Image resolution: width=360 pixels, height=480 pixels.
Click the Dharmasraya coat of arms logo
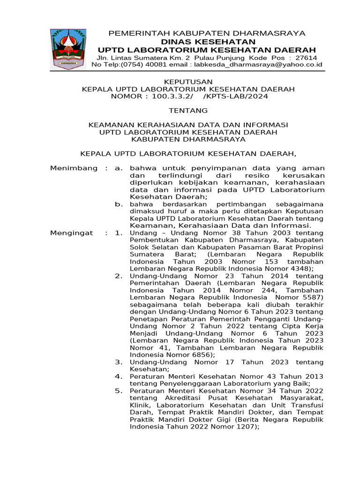(68, 49)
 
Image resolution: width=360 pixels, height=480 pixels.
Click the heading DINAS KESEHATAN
(206, 42)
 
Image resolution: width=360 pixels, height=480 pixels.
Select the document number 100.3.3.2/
(170, 96)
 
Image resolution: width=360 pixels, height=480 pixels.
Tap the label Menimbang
(74, 168)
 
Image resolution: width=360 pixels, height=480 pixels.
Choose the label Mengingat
(72, 233)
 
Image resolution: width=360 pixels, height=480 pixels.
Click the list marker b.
(119, 204)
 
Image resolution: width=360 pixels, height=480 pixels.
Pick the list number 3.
(119, 362)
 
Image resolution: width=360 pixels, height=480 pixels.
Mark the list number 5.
(119, 390)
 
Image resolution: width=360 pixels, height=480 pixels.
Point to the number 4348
(300, 269)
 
